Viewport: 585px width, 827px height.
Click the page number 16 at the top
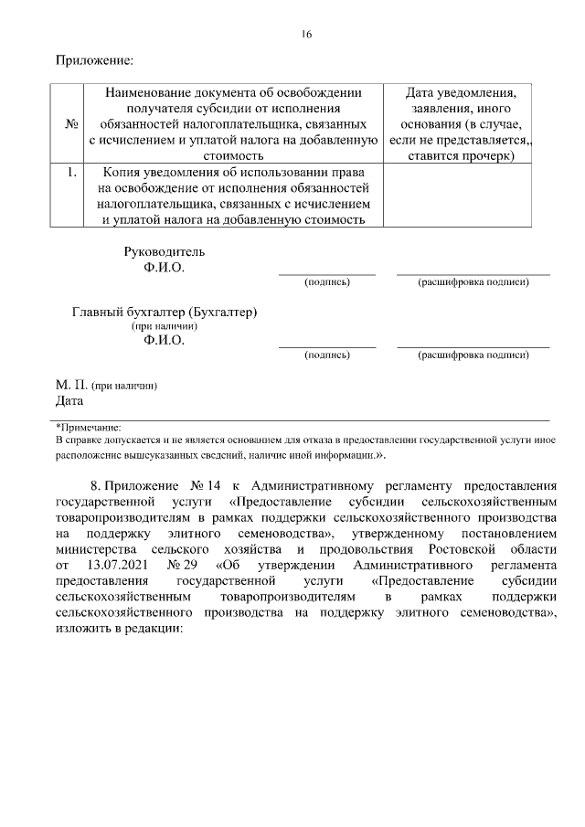306,35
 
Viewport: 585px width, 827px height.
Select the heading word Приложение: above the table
94,61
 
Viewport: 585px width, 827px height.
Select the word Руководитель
165,251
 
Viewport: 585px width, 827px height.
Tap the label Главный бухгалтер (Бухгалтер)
165,312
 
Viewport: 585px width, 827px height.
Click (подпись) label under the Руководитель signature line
326,282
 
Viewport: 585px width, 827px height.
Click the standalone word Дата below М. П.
69,400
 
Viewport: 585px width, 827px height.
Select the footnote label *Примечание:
89,426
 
